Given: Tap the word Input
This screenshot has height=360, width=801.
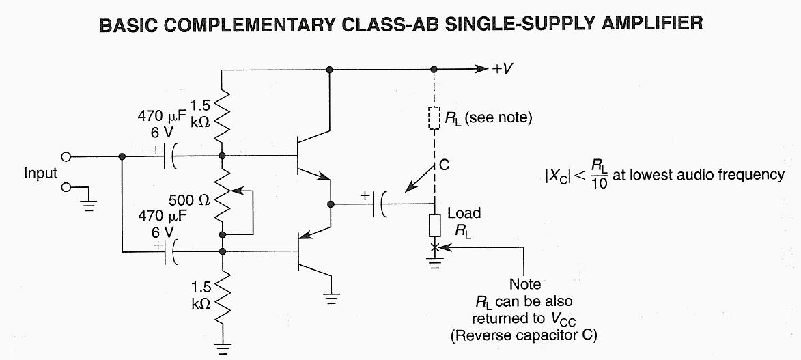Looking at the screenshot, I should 40,174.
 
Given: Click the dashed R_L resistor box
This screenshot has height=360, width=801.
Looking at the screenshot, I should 434,118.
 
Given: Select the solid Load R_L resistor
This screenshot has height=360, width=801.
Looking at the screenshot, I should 435,225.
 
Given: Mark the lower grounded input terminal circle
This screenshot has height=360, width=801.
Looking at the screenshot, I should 67,186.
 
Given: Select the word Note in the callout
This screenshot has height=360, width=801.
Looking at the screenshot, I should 525,284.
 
